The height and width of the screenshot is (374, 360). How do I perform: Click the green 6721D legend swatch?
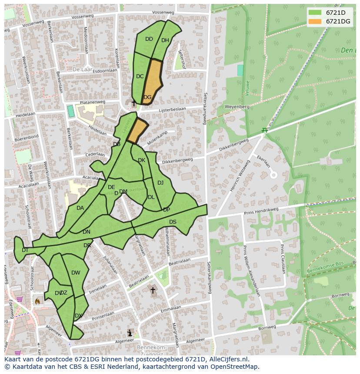point(315,13)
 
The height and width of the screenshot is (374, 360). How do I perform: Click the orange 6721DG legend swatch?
point(315,21)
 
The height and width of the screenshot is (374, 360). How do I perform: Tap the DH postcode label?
point(165,40)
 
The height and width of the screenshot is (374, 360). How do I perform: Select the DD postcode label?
point(149,39)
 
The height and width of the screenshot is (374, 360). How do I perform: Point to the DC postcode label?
point(140,76)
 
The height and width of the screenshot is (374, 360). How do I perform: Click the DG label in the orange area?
point(147,97)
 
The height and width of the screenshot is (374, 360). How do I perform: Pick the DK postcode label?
point(141,160)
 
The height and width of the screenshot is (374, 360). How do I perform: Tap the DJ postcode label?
point(160,183)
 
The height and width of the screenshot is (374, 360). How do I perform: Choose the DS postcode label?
point(173,222)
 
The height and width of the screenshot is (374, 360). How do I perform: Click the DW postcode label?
point(76,273)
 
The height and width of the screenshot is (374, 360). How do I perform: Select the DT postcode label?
point(25,250)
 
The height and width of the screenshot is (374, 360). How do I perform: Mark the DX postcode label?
point(78,316)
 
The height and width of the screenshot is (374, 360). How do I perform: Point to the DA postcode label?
point(80,208)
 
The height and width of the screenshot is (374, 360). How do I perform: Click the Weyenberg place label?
point(237,106)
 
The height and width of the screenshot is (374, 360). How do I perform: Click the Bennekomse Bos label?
point(325,270)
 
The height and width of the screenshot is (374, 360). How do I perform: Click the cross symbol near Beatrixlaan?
point(153,290)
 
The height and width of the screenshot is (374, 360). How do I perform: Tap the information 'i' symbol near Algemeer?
point(130,333)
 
